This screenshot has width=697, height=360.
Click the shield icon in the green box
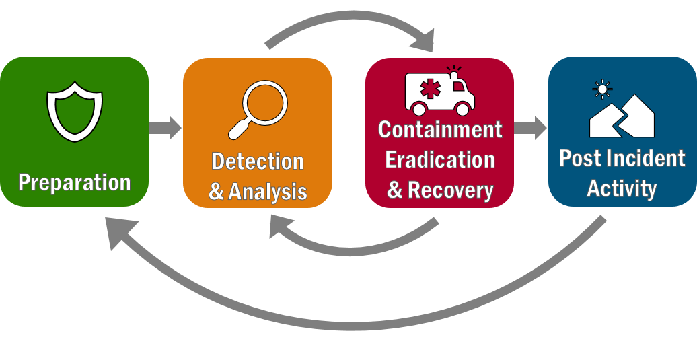pyautogui.click(x=74, y=112)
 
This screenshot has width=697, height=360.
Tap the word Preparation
pyautogui.click(x=74, y=182)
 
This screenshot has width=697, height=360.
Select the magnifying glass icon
pyautogui.click(x=258, y=109)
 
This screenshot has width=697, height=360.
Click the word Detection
pyautogui.click(x=258, y=161)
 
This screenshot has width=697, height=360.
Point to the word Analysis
pyautogui.click(x=268, y=192)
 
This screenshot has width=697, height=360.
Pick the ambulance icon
pyautogui.click(x=439, y=93)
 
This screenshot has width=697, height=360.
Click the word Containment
pyautogui.click(x=440, y=129)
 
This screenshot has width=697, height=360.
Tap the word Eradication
pyautogui.click(x=440, y=160)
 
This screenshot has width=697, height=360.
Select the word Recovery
pyautogui.click(x=450, y=190)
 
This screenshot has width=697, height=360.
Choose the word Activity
pyautogui.click(x=622, y=188)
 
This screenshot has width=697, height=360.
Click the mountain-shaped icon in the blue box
pyautogui.click(x=622, y=116)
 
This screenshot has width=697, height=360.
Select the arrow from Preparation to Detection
pyautogui.click(x=165, y=127)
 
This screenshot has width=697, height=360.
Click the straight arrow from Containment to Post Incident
pyautogui.click(x=531, y=127)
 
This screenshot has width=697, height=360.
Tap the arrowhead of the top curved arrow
pyautogui.click(x=423, y=41)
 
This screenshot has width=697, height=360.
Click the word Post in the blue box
pyautogui.click(x=580, y=159)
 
